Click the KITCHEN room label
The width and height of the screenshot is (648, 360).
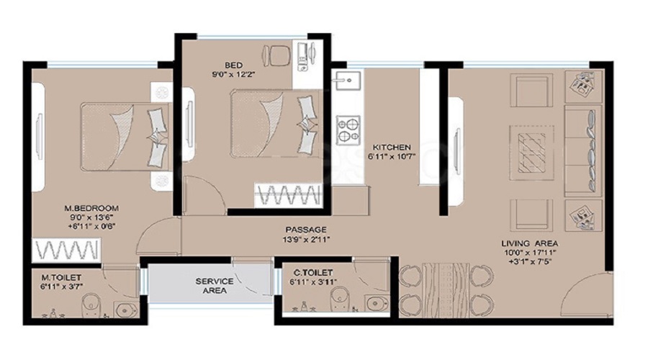point(392,147)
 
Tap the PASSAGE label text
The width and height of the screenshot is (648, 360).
point(306,230)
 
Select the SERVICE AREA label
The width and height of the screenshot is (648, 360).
point(214,286)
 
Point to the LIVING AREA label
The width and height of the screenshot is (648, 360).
point(530,243)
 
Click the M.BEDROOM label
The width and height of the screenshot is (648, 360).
point(91,208)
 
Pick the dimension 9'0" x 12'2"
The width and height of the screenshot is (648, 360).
point(233,75)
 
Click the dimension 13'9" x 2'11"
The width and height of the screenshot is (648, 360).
point(305,239)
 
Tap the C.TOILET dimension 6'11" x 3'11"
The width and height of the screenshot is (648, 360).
point(313,282)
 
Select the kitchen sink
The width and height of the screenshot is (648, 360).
point(348,81)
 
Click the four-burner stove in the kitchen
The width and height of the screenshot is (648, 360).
point(348,130)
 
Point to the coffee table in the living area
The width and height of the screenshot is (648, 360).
point(532,153)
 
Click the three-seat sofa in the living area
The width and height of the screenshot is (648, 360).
point(583,150)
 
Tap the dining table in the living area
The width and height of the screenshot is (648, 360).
point(446,289)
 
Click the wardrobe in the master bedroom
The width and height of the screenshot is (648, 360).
point(66,250)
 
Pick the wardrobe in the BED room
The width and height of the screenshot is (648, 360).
point(289,194)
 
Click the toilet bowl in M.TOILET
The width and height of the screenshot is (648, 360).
point(90,305)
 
